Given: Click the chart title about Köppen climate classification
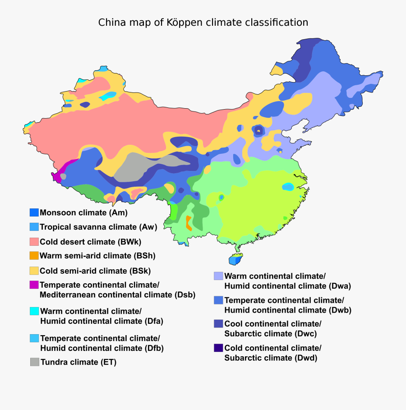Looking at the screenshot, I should (203, 22).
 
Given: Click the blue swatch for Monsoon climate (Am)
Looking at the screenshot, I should (34, 212).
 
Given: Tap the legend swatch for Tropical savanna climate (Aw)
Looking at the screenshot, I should (34, 227).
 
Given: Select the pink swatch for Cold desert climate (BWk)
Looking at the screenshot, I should (34, 241).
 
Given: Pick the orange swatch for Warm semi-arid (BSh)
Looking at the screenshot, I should (34, 256).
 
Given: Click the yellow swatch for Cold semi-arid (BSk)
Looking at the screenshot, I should (34, 271).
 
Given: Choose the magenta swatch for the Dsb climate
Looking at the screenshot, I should (34, 285).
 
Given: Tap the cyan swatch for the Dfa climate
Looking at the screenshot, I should (34, 311).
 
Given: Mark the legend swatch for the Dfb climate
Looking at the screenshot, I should (34, 338).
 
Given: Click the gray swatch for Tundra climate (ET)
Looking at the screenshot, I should (34, 362).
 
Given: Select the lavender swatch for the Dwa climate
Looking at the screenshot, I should (218, 276).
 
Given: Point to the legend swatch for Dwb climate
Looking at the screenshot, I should (218, 300).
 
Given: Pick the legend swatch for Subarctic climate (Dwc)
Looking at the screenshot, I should (218, 324).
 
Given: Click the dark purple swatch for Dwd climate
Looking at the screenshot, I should (218, 348).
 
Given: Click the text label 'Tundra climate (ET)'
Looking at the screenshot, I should (78, 362).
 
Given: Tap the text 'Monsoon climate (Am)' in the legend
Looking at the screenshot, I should (84, 212).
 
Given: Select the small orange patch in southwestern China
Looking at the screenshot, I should (189, 223).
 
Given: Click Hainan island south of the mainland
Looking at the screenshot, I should (235, 260).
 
